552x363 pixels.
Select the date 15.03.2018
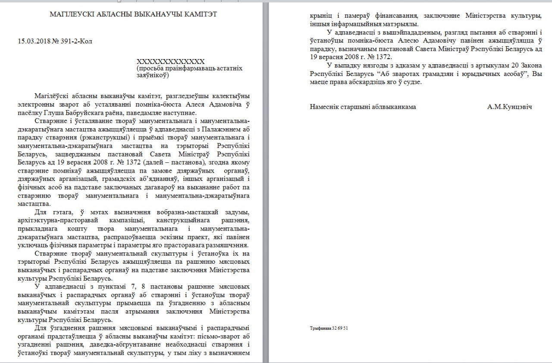pyautogui.click(x=33, y=41)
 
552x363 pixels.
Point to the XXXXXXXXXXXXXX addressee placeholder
pyautogui.click(x=170, y=62)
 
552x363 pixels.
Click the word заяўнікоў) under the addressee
pyautogui.click(x=153, y=75)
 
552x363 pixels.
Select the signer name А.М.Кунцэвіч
pyautogui.click(x=509, y=107)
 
